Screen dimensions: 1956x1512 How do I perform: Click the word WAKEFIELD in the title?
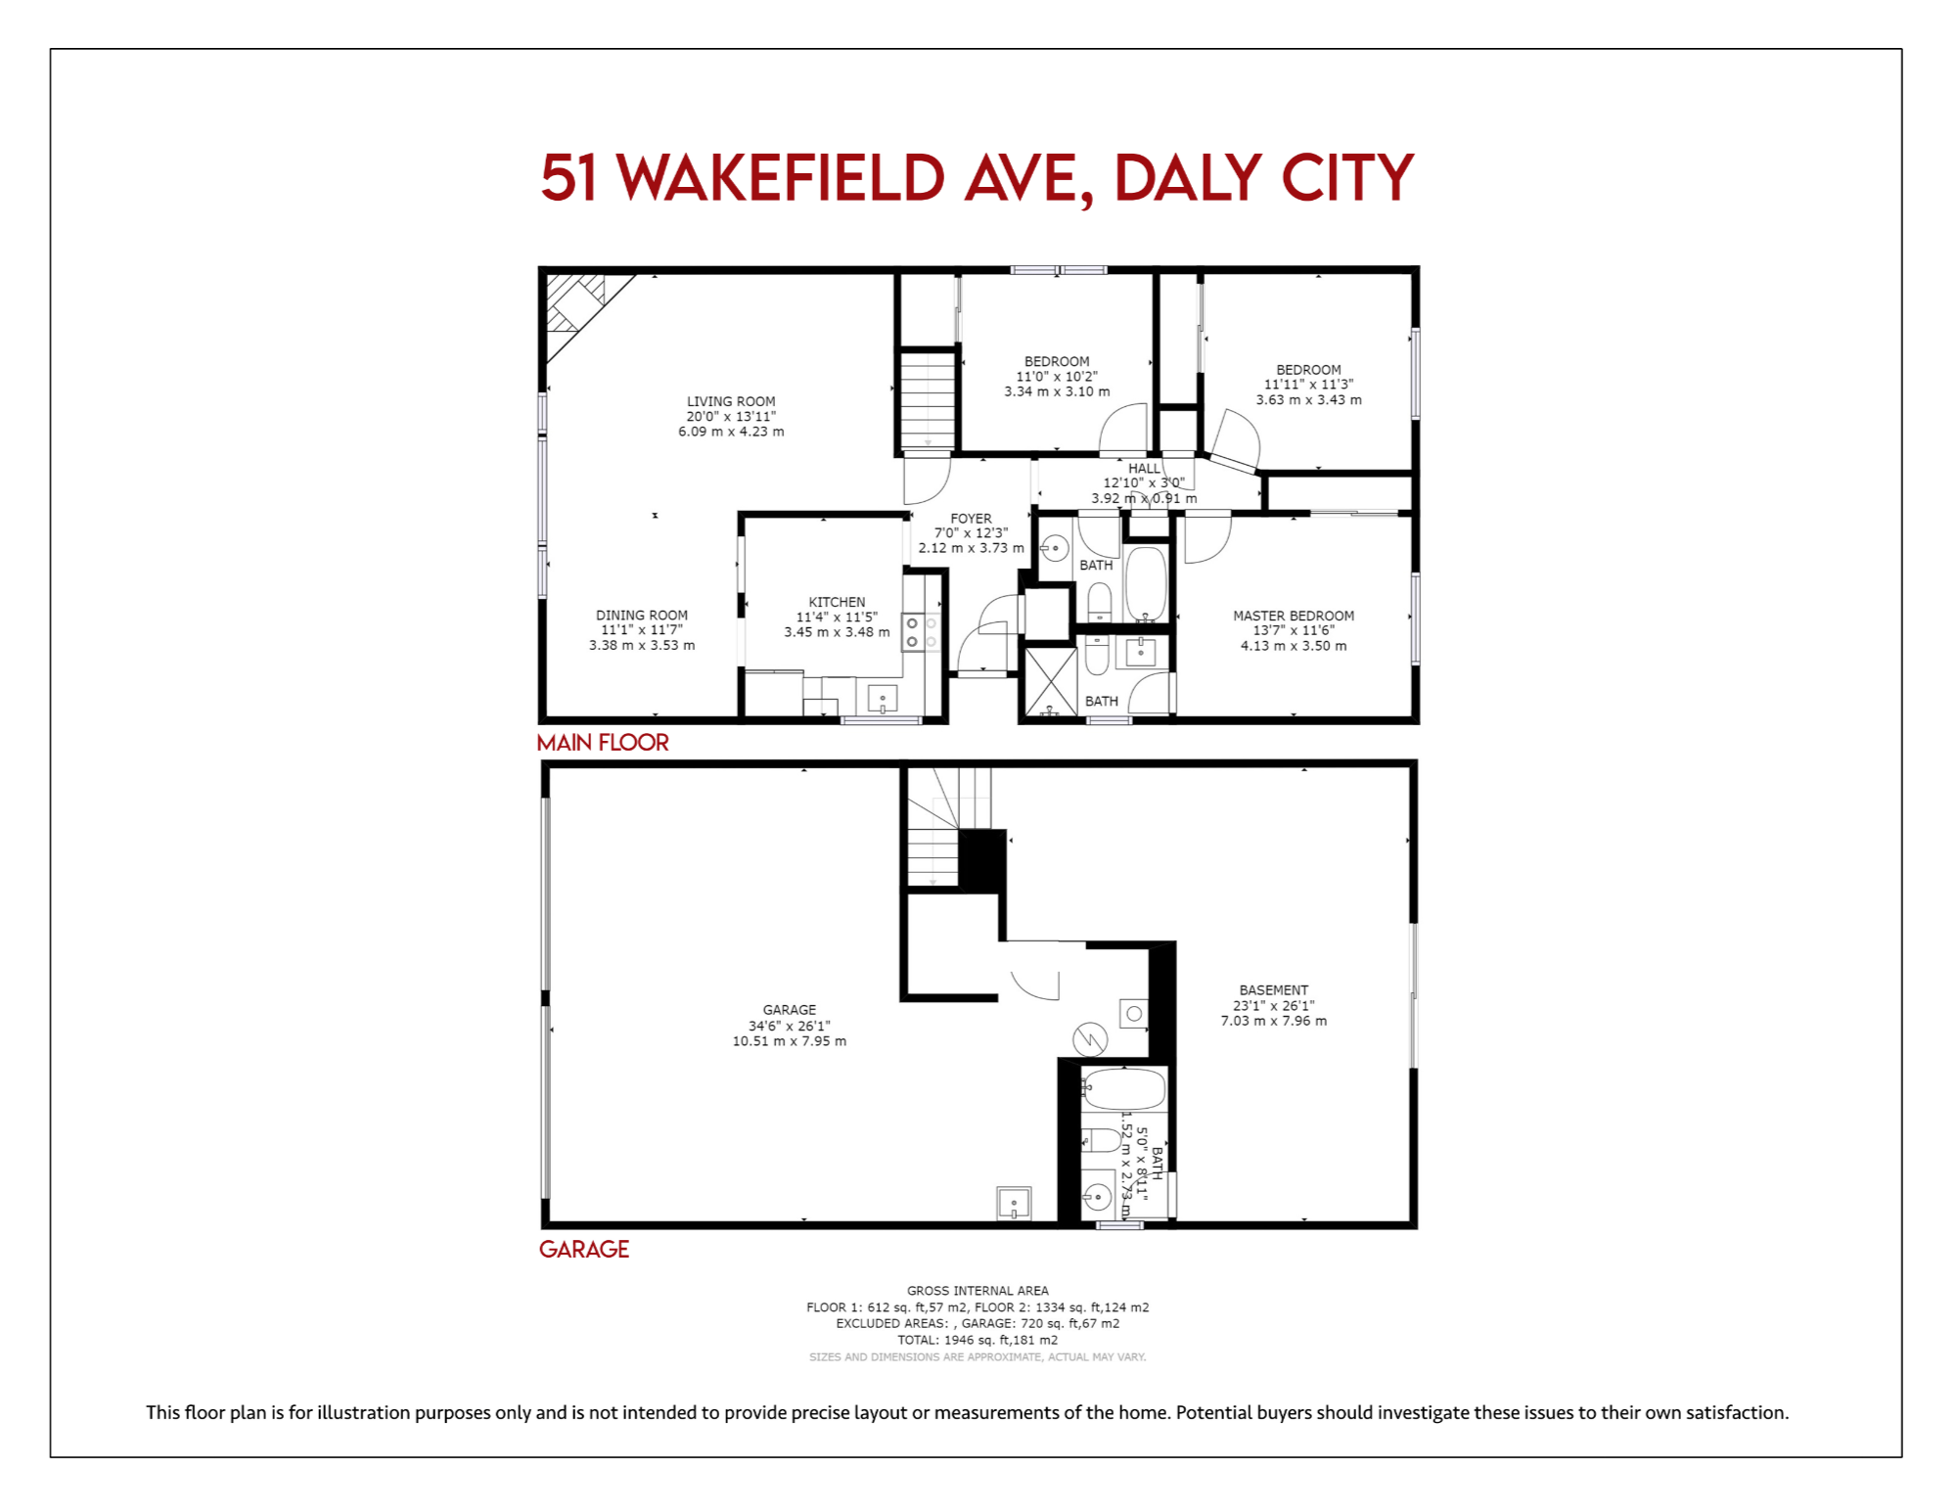[x=781, y=178]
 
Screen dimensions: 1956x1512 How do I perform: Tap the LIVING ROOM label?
[x=731, y=401]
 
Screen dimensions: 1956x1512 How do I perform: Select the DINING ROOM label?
[x=642, y=616]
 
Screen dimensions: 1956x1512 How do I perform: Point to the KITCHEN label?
[x=837, y=602]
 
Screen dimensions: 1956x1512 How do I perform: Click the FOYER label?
[x=971, y=519]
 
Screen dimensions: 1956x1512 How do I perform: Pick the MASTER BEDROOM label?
[x=1294, y=616]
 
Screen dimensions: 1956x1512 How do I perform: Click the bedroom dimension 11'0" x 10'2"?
[x=1057, y=377]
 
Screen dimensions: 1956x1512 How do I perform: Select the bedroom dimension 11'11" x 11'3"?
[x=1308, y=385]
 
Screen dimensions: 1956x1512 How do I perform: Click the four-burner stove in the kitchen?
[x=921, y=632]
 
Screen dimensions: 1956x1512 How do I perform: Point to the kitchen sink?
[x=883, y=699]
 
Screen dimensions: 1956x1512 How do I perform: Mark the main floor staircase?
[x=927, y=399]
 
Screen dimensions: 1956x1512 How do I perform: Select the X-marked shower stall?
[x=1050, y=680]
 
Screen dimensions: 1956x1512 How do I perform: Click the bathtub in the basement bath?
[x=1124, y=1089]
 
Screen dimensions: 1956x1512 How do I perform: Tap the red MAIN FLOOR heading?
[x=603, y=743]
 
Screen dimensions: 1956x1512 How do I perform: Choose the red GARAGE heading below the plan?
[x=584, y=1250]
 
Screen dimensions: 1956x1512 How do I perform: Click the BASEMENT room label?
[x=1273, y=990]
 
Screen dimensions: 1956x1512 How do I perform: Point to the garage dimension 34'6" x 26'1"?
[x=790, y=1026]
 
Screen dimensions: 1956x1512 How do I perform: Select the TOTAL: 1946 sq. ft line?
[x=978, y=1340]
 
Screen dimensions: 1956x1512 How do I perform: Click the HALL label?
[x=1144, y=469]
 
